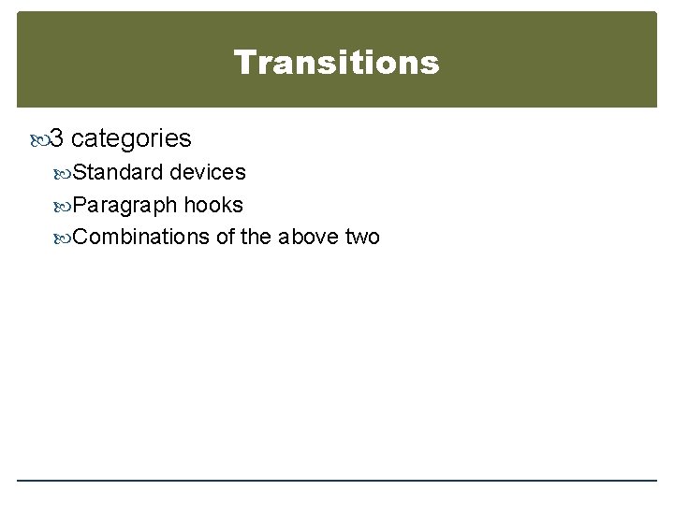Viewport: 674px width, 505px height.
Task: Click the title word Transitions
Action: [x=336, y=63]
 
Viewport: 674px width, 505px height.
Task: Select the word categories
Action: [x=131, y=139]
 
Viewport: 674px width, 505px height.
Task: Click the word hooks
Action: [x=214, y=205]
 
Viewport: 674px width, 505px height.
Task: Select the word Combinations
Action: [x=140, y=237]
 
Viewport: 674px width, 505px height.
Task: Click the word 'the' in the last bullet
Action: [x=256, y=237]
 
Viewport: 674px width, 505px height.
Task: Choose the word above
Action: [x=308, y=237]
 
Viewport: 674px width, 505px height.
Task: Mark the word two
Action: [x=362, y=237]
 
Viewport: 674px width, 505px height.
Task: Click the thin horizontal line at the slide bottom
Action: [x=337, y=481]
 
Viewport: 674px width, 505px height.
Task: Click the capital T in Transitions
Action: [x=243, y=63]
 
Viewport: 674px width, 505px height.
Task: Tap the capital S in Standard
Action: [x=80, y=173]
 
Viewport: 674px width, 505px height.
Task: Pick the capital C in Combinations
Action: [x=81, y=237]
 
